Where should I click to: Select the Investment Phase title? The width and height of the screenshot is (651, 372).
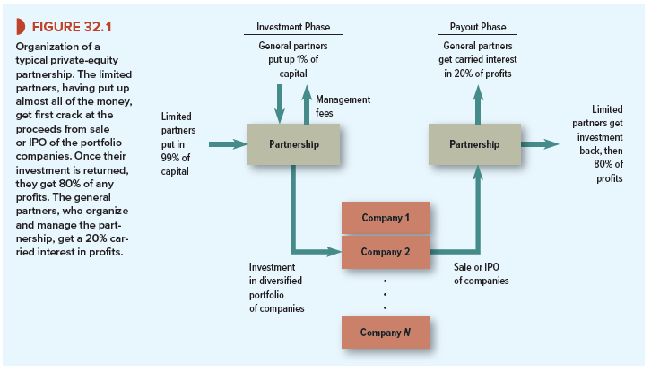click(x=293, y=28)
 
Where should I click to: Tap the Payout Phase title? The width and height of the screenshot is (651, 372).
click(x=478, y=28)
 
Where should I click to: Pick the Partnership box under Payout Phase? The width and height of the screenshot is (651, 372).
click(x=475, y=143)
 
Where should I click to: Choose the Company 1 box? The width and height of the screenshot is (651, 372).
click(x=386, y=218)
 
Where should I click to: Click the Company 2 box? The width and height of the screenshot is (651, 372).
click(x=386, y=252)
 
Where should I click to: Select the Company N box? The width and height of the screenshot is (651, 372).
click(x=386, y=332)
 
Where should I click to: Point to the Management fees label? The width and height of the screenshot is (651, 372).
click(x=344, y=105)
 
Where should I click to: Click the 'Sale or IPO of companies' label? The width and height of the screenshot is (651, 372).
click(x=481, y=273)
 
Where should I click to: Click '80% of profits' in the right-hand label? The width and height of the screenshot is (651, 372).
click(x=609, y=171)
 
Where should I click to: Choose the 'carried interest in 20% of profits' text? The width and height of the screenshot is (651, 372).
click(x=478, y=65)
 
